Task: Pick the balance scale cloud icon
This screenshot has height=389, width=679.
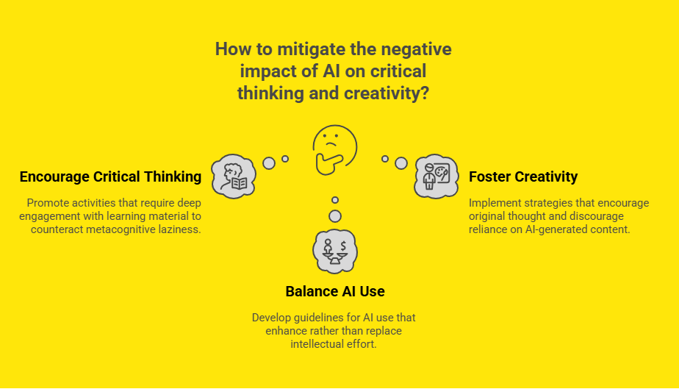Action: (x=335, y=251)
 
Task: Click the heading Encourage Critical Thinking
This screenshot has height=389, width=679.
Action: (x=110, y=177)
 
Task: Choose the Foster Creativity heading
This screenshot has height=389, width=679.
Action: (x=523, y=177)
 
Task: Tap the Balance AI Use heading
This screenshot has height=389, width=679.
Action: (x=335, y=292)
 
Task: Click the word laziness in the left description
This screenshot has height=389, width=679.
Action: (x=180, y=229)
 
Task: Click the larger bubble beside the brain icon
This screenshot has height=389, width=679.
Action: (x=269, y=163)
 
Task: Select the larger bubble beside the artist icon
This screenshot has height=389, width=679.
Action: (x=400, y=163)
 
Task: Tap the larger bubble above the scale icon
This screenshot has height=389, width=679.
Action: (x=335, y=216)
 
